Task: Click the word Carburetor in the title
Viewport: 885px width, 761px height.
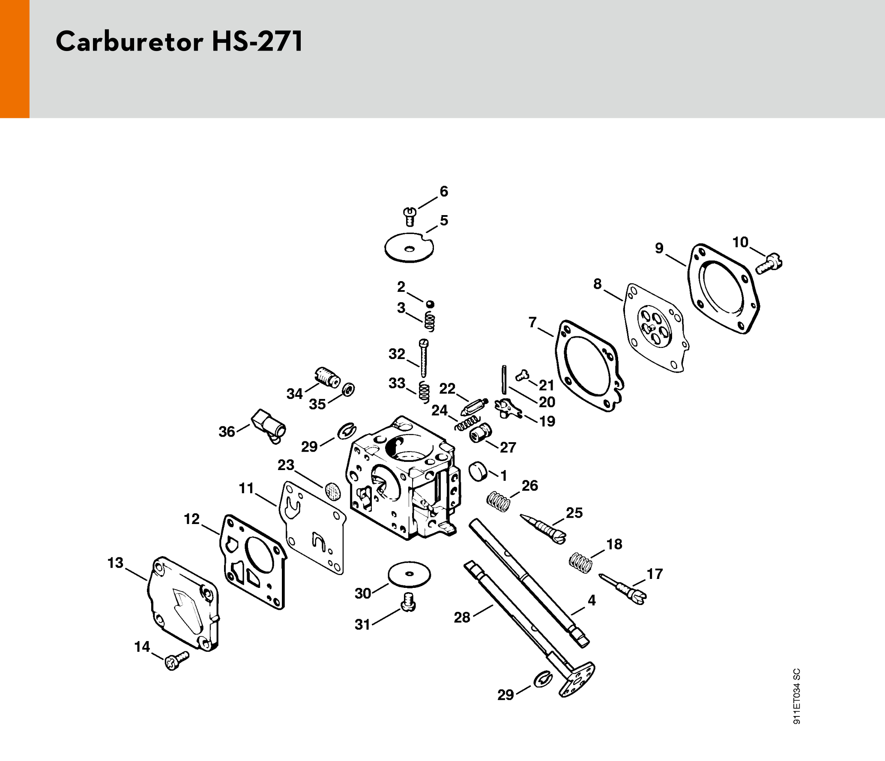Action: pyautogui.click(x=129, y=42)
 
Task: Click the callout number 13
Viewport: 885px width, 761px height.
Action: pyautogui.click(x=115, y=563)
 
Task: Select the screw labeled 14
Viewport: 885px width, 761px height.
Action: pyautogui.click(x=176, y=660)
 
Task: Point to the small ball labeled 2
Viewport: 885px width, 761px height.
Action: pyautogui.click(x=430, y=304)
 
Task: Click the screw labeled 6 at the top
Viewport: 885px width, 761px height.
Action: pyautogui.click(x=410, y=216)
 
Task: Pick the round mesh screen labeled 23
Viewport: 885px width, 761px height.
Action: pyautogui.click(x=333, y=491)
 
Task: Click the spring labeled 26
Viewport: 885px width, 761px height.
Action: pyautogui.click(x=499, y=501)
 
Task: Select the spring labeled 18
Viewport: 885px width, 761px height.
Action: pyautogui.click(x=581, y=563)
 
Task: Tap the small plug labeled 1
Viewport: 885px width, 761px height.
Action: pyautogui.click(x=478, y=471)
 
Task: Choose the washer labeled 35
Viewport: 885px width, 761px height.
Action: pyautogui.click(x=349, y=389)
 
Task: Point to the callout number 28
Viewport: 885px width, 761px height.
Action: pyautogui.click(x=462, y=617)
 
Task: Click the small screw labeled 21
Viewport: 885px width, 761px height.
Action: pyautogui.click(x=522, y=375)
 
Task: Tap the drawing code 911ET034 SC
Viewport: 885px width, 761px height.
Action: pyautogui.click(x=796, y=696)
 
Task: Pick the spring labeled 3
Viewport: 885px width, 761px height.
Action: pyautogui.click(x=430, y=321)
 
